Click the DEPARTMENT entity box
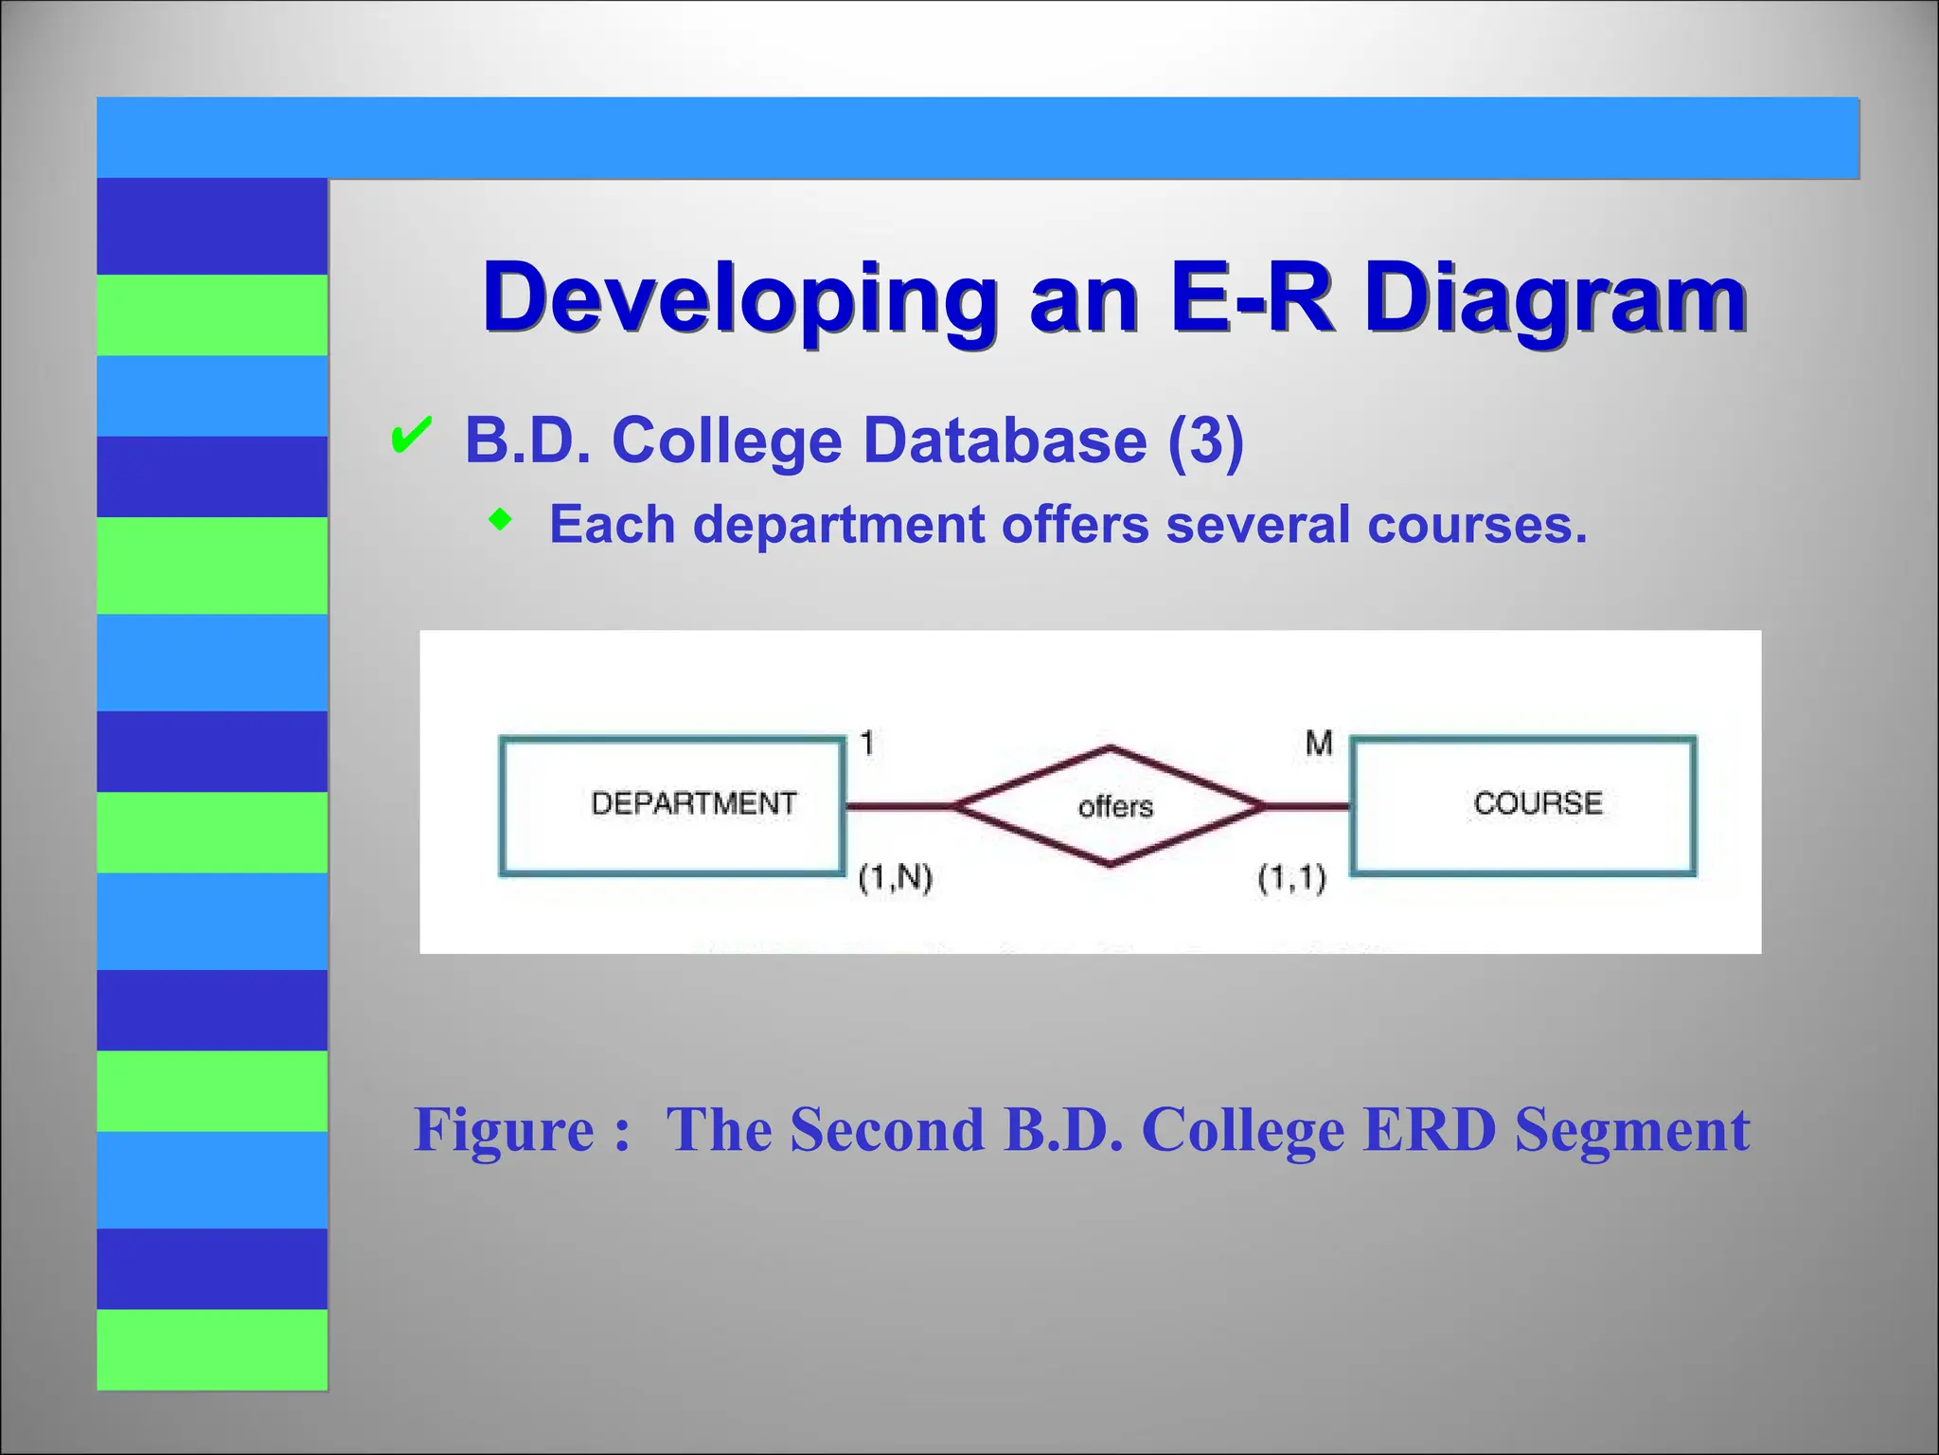coord(671,805)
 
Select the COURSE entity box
coord(1522,805)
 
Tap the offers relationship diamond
coord(1110,806)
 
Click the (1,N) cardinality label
coord(895,878)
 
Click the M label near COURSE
coord(1318,744)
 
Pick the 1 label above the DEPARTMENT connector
coord(866,744)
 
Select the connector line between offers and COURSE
coord(1307,806)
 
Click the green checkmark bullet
coord(411,437)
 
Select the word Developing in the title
coord(739,298)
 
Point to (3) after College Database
coord(1205,440)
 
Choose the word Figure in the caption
coord(504,1129)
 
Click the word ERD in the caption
coord(1429,1129)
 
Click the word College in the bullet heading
coord(726,440)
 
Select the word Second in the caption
coord(887,1129)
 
